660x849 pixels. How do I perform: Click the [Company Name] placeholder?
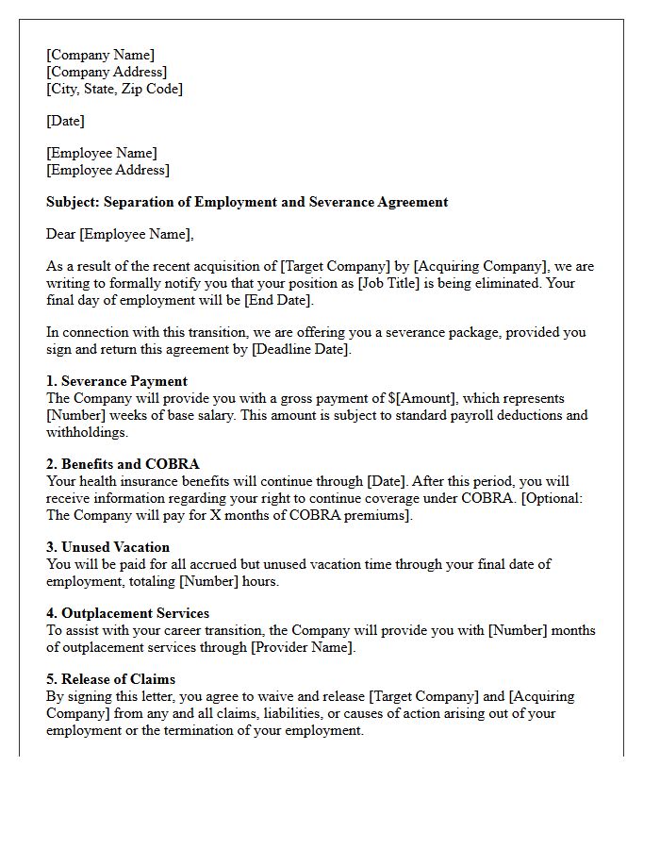[x=100, y=55]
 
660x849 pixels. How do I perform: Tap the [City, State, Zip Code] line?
[x=114, y=89]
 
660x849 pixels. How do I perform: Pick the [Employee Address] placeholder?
[x=107, y=170]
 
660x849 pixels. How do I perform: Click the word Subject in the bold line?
[x=72, y=202]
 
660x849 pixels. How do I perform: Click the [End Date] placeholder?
[x=277, y=300]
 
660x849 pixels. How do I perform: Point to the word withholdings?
[x=87, y=432]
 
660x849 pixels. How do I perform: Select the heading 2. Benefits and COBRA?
[x=123, y=464]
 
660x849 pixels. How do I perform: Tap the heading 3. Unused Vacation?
[x=107, y=547]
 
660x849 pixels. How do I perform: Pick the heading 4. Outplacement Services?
[x=127, y=613]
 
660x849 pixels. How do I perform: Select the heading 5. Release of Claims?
[x=110, y=679]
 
